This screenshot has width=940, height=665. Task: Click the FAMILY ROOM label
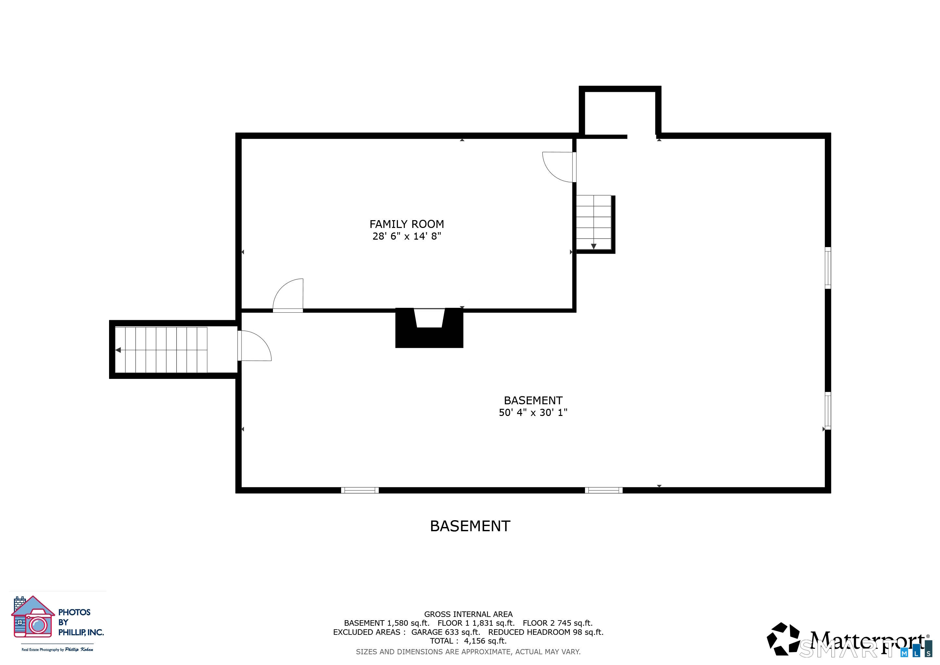406,224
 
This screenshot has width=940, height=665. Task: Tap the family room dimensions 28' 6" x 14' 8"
406,236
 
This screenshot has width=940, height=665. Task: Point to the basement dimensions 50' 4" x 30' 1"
533,412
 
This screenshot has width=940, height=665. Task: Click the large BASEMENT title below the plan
470,526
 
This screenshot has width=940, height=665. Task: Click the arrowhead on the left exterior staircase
118,350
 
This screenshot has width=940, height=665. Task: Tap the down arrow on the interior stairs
594,246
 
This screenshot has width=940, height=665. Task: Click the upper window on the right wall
827,268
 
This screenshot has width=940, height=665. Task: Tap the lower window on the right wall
827,411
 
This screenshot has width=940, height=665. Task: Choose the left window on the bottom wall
360,490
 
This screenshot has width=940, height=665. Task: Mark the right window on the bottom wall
603,490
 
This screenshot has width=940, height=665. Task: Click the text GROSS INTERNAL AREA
468,614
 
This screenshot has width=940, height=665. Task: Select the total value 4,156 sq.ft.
485,641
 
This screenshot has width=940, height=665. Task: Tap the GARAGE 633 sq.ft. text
445,632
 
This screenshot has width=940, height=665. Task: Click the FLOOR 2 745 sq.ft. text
558,623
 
